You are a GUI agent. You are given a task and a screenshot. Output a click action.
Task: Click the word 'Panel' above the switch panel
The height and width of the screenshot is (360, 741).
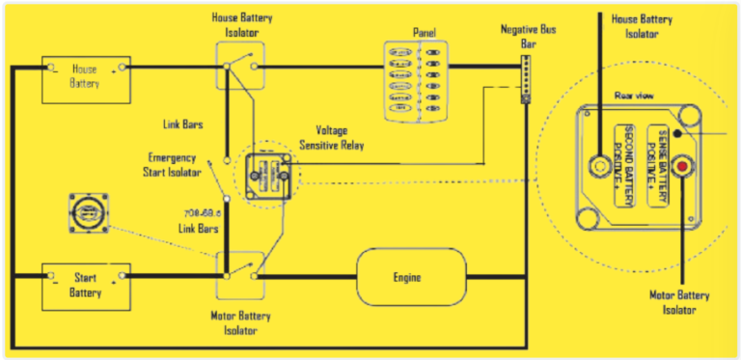425,31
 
